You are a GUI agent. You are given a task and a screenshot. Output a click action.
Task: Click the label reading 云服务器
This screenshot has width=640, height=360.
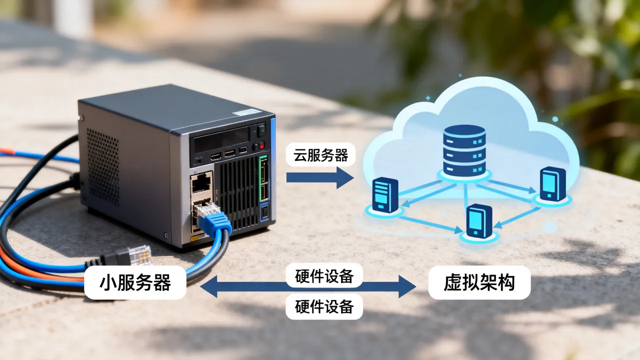tap(320, 154)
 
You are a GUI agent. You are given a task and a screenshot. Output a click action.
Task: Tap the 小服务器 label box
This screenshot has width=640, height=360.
tap(135, 282)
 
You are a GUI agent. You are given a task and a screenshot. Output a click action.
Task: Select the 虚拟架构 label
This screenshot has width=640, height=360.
tap(479, 282)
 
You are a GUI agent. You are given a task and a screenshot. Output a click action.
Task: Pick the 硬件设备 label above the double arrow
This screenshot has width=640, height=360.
tap(324, 275)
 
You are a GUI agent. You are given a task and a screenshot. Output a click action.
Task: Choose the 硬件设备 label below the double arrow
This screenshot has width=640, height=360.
tap(324, 306)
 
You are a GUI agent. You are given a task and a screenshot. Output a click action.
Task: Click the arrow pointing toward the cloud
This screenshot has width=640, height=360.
tap(320, 177)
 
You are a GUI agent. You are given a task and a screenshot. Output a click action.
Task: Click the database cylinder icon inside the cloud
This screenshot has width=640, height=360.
tap(464, 150)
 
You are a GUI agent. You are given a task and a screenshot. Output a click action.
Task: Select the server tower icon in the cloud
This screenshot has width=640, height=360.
tap(385, 195)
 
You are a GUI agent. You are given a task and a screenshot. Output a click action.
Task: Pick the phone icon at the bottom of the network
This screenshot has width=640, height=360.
tap(479, 221)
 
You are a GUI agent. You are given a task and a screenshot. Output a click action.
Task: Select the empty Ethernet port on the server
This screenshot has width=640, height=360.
tap(201, 183)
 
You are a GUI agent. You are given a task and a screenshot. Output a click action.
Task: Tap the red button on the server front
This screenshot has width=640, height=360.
tap(261, 145)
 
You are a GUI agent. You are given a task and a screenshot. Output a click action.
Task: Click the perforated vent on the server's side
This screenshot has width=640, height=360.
tap(103, 167)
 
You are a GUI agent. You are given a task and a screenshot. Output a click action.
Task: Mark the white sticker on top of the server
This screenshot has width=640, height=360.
tap(245, 113)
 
